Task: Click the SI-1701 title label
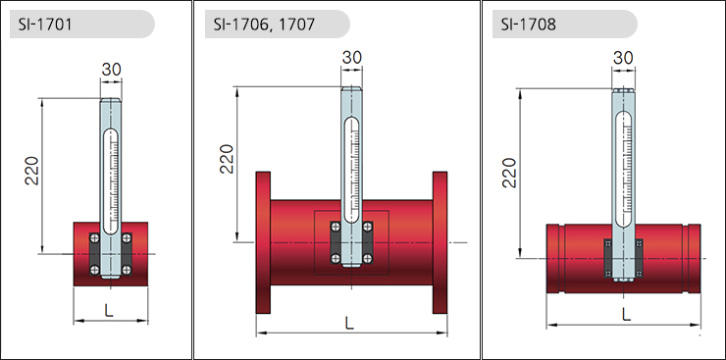45,25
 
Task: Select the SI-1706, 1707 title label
264,25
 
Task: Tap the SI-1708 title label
528,25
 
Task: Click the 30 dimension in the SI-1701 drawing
111,70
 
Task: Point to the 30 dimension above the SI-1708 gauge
623,58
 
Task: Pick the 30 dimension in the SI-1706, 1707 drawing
352,57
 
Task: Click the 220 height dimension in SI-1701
32,171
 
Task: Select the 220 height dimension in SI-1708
509,173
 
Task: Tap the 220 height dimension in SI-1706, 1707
227,159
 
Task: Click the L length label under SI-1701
108,311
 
